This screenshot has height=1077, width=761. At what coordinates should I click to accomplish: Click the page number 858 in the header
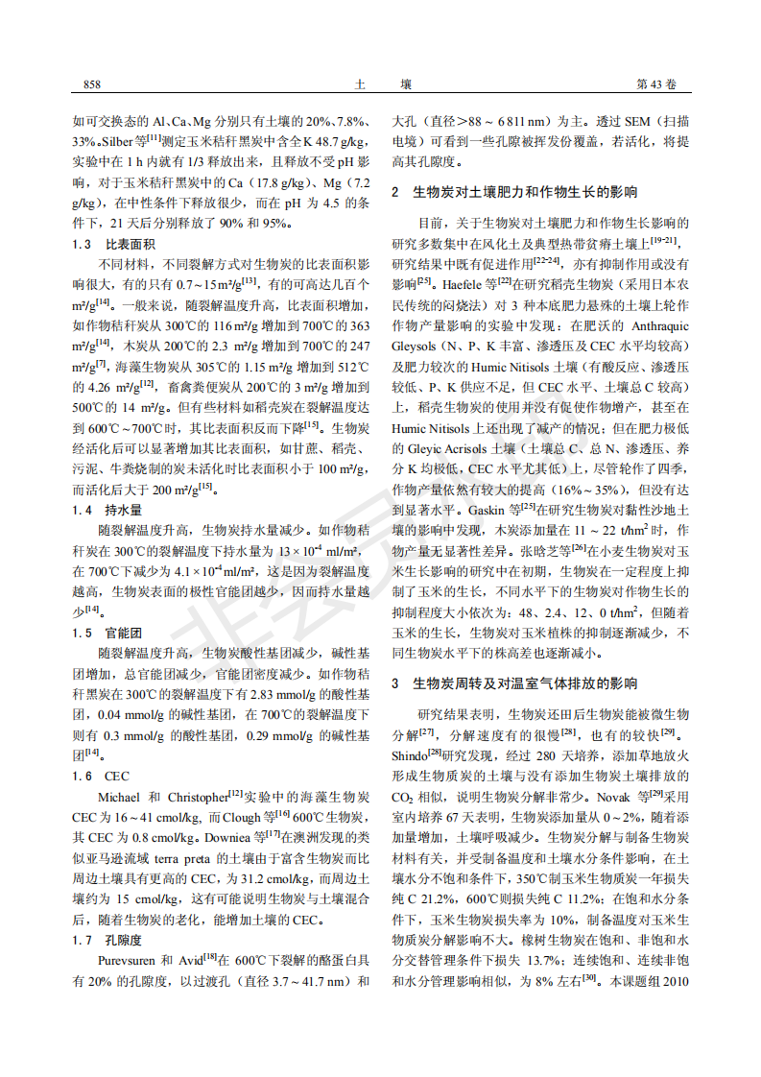click(x=93, y=84)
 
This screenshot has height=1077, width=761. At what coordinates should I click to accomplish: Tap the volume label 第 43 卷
click(x=657, y=84)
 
